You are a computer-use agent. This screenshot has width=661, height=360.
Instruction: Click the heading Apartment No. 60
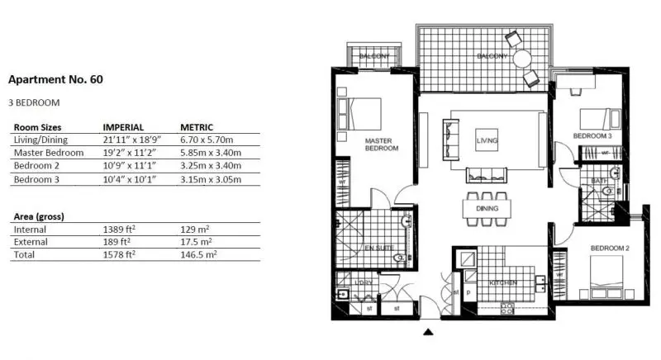tap(55, 80)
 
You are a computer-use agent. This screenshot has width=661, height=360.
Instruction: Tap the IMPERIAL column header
tap(123, 127)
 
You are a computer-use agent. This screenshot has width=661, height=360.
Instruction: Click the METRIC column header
tap(197, 127)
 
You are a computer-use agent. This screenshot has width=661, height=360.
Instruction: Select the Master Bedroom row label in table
tap(49, 153)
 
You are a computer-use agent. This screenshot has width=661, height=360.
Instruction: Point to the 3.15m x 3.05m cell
tap(212, 178)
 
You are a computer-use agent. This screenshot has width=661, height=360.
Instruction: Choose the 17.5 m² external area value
tap(196, 242)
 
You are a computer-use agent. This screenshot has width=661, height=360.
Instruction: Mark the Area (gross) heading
tap(39, 216)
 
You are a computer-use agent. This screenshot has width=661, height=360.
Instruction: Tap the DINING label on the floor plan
tap(487, 210)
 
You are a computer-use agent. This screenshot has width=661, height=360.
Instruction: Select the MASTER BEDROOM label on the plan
tap(382, 144)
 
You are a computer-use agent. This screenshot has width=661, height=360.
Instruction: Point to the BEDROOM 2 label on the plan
tap(610, 249)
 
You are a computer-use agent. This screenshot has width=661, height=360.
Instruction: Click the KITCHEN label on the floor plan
tap(502, 283)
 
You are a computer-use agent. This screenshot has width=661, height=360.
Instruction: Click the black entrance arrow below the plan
tap(428, 333)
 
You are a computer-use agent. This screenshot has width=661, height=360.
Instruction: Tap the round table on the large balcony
tap(522, 59)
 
